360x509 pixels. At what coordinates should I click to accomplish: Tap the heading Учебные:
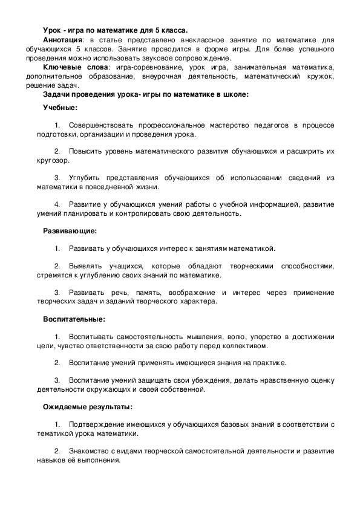point(60,107)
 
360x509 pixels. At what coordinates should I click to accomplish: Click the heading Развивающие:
point(70,230)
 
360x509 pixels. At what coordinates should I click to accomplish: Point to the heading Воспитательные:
point(74,319)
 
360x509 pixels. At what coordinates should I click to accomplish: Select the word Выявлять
point(87,266)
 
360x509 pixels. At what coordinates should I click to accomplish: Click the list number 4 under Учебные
point(57,204)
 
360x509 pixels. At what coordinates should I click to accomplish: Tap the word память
point(133,292)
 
